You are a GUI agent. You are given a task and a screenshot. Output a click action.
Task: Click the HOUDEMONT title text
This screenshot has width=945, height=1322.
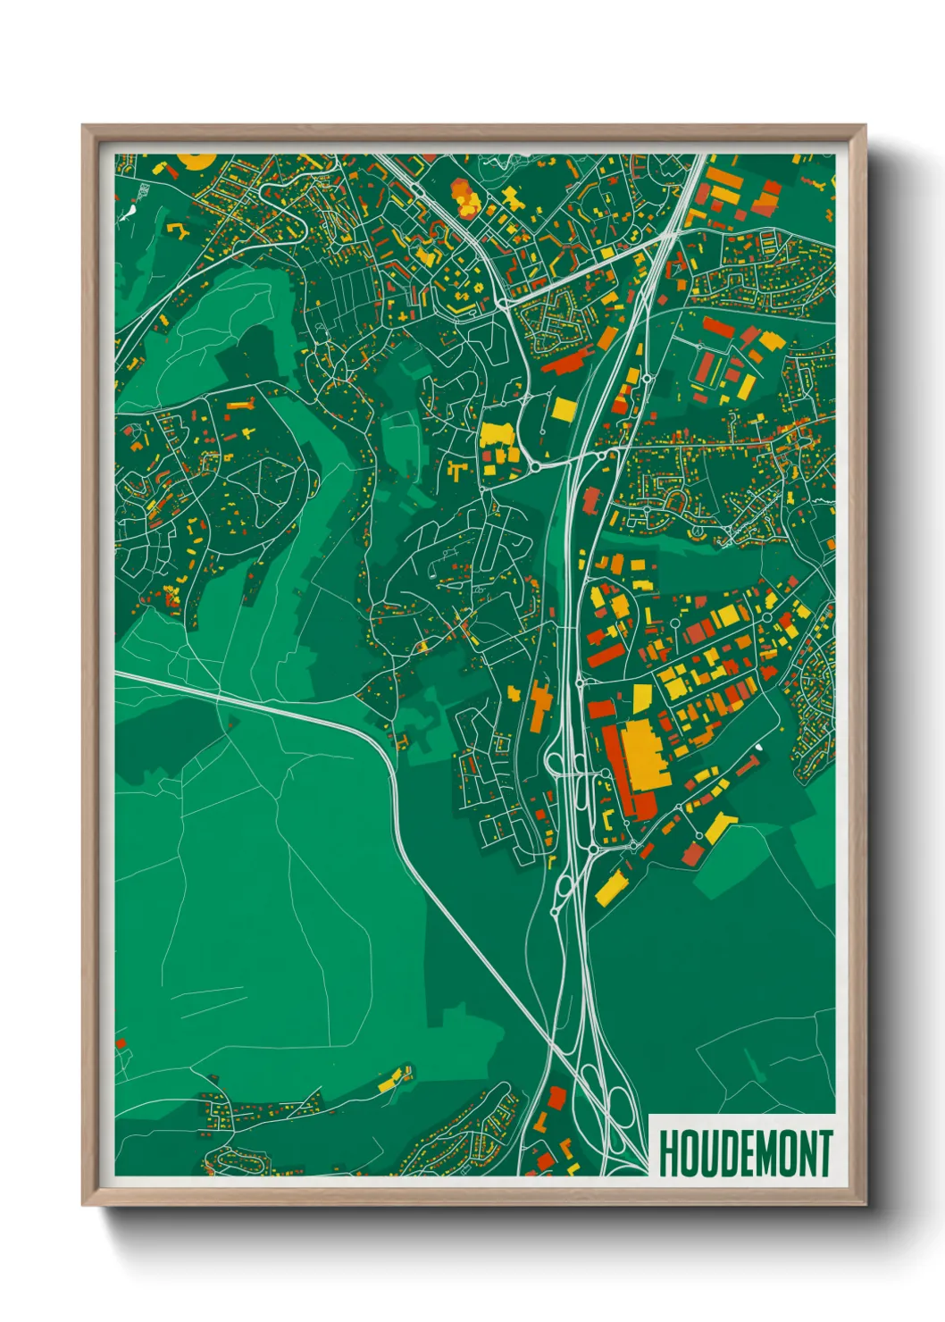coord(745,1153)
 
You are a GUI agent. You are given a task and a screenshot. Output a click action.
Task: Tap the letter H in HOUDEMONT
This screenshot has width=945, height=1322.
coord(666,1153)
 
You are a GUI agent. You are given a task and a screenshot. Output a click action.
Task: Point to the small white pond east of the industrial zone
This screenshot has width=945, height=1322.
coord(758,747)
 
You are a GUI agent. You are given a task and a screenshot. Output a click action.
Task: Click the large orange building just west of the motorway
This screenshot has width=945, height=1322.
coord(539,705)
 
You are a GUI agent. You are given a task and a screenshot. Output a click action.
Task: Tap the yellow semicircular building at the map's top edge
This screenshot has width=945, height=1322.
coord(196,161)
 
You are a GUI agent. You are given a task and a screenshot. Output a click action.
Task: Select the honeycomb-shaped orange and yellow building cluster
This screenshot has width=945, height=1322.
coord(464,198)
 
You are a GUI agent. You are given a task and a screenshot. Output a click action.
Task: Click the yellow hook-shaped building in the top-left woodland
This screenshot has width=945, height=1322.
coord(178,231)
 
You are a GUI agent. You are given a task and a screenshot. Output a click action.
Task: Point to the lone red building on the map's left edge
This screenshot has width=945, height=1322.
coord(121,1042)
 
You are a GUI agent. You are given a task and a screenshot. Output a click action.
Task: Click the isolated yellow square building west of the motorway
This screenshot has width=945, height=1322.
coord(564,410)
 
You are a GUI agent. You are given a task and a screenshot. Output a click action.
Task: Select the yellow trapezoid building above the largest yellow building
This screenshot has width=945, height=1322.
coord(642,699)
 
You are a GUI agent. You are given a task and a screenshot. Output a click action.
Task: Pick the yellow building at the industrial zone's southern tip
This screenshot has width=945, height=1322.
coord(609,886)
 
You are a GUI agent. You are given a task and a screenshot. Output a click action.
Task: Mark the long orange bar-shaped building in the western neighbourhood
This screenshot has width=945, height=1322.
coord(240,406)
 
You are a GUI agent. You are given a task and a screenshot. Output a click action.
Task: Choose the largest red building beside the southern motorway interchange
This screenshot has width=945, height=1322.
coord(556,1098)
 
